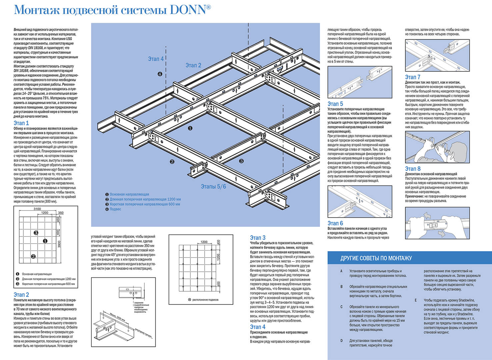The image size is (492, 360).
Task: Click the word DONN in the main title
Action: pos(188,10)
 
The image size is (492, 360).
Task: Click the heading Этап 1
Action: pos(21,123)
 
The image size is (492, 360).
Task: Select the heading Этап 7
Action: pos(413,77)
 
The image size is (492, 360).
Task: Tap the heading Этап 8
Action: pos(413,169)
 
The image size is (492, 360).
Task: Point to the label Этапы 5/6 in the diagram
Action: pos(213,187)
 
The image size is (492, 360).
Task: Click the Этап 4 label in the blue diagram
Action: pos(156,59)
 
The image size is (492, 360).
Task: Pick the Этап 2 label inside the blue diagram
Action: pos(193,65)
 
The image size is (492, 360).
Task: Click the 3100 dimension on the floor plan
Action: pos(37,209)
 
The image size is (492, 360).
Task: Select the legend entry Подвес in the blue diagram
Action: pos(115,209)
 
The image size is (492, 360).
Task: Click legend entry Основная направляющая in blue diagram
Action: pos(129,194)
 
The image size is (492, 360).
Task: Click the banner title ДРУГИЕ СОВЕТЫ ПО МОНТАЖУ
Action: pos(376,258)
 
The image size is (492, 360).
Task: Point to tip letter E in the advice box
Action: pos(416,300)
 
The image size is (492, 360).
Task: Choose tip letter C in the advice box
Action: pos(341,307)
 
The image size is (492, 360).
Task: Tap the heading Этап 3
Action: pos(258,238)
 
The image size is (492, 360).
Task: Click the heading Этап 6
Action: pos(335,223)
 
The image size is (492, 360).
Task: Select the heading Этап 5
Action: pos(335,104)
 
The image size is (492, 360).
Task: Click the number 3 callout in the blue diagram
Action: pos(241,161)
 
